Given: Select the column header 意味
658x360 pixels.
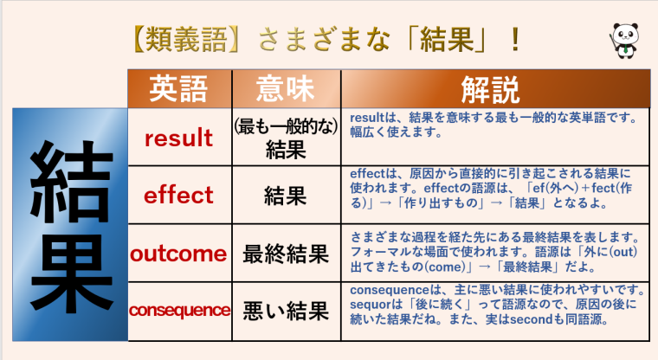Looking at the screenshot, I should [285, 89].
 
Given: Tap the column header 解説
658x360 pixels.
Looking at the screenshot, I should [490, 89].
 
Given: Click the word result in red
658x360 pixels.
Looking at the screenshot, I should [178, 138].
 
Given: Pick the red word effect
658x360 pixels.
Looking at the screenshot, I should [178, 195].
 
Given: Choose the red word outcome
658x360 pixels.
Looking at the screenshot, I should [178, 254].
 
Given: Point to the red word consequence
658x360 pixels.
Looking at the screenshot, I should [179, 310].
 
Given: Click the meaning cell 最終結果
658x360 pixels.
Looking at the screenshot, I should [285, 254].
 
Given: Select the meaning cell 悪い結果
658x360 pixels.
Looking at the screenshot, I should [285, 310].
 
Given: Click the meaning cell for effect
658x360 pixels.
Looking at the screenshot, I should [285, 196].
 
